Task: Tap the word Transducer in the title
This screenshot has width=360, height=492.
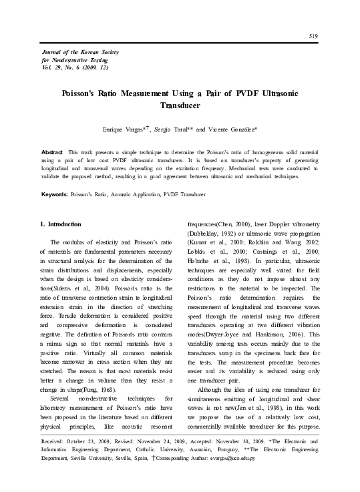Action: tap(180, 105)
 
